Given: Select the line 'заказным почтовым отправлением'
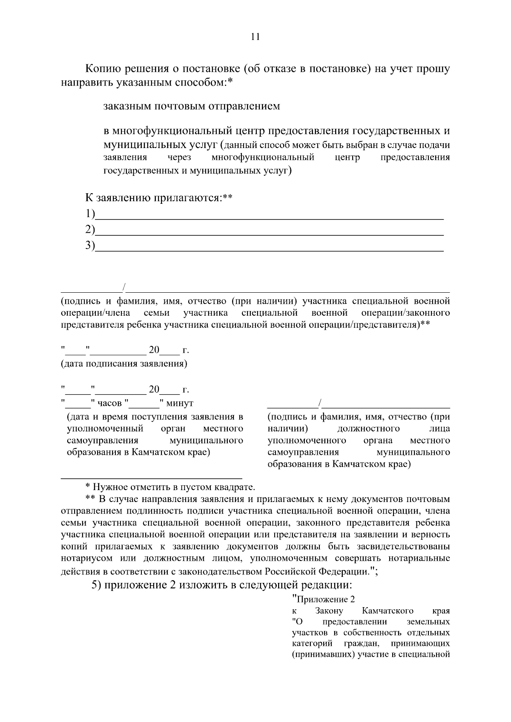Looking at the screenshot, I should pyautogui.click(x=192, y=106).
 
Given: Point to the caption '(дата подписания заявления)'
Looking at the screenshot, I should pyautogui.click(x=124, y=364).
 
